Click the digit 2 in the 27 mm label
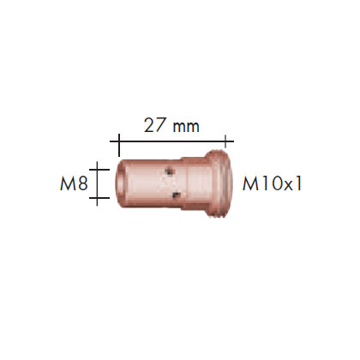coord(149,125)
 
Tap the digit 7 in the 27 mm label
coord(160,125)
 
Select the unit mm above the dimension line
coord(185,127)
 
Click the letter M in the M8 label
coord(68,183)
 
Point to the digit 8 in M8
coord(82,183)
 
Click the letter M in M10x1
coord(250,183)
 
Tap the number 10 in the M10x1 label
coord(272,183)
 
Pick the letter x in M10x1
coord(288,185)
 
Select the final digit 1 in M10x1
coord(297,183)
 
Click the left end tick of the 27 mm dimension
coord(119,145)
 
